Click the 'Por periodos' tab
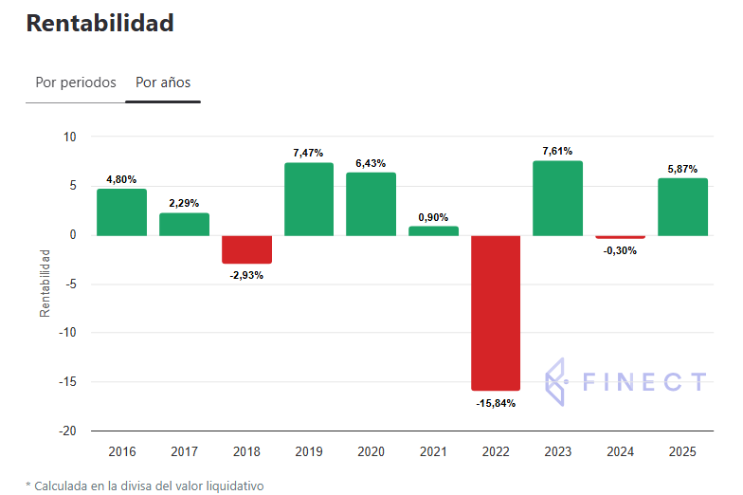(x=76, y=82)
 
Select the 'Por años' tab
(x=163, y=82)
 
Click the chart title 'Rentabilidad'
(x=100, y=24)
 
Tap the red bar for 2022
(x=496, y=312)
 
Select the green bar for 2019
(x=309, y=199)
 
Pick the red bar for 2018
(x=246, y=249)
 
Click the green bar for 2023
(x=557, y=198)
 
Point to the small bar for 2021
(x=433, y=230)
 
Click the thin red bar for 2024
(x=620, y=237)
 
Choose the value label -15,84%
(x=496, y=403)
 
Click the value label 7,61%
(x=557, y=150)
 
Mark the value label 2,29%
(x=184, y=203)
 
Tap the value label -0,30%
(x=620, y=251)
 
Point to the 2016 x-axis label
(x=122, y=451)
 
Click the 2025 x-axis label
(x=682, y=451)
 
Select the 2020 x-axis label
(x=371, y=451)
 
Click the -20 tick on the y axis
(x=67, y=431)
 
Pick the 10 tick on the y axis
(x=69, y=137)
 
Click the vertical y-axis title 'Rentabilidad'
(x=45, y=283)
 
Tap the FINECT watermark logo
(x=626, y=382)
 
